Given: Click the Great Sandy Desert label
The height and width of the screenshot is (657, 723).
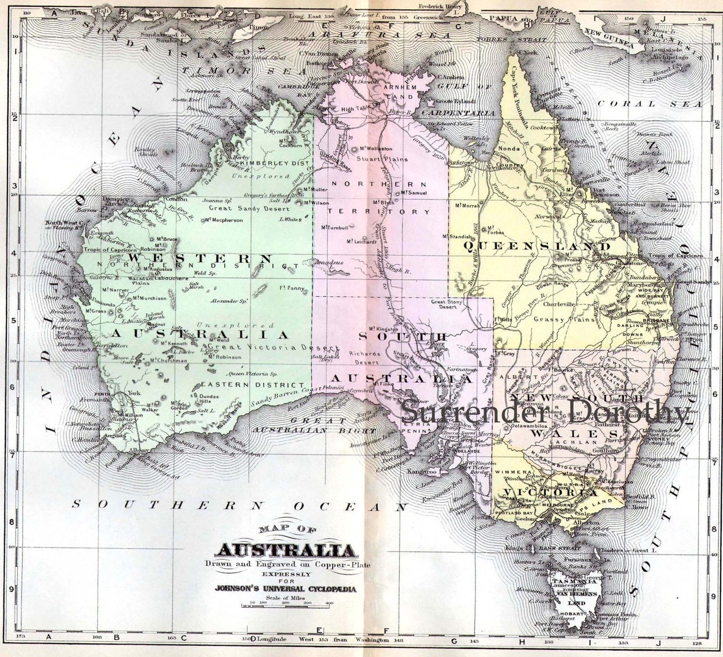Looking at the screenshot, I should click(x=249, y=208).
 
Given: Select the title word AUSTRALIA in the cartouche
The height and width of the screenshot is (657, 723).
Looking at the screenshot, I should click(x=287, y=550).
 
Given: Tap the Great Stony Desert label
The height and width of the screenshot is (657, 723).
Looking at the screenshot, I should click(x=447, y=304).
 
